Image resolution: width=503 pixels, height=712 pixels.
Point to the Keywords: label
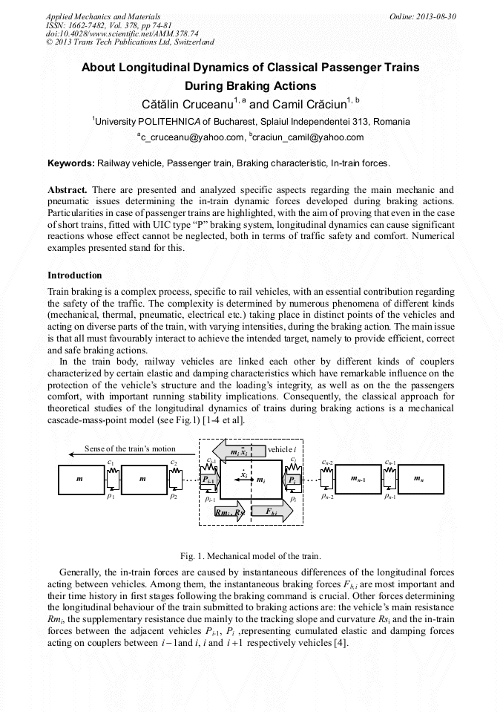point(71,163)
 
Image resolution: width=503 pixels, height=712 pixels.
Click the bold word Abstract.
point(68,190)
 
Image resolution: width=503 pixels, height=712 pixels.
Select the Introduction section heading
point(75,275)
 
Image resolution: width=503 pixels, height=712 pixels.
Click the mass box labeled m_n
point(420,479)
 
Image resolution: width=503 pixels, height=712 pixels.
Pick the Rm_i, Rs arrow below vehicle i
point(227,512)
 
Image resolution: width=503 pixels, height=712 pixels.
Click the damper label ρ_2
point(174,497)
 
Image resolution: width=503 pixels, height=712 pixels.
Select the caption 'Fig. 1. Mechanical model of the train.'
point(251,555)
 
